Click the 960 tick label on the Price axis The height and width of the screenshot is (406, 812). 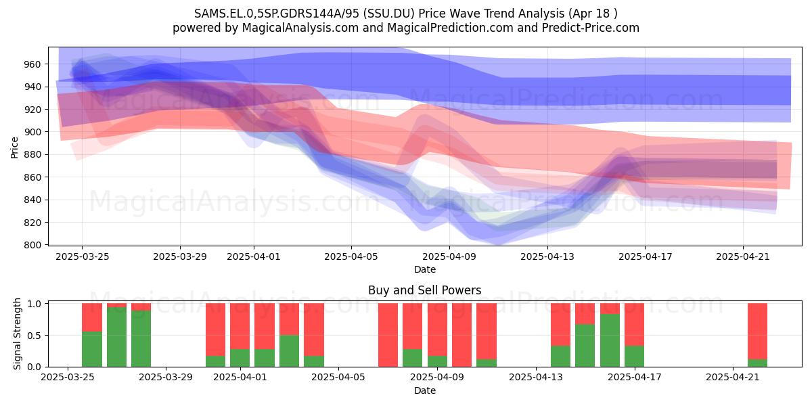click(x=33, y=64)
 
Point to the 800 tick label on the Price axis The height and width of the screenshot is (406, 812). click(x=33, y=245)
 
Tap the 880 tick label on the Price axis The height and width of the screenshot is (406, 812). click(x=33, y=155)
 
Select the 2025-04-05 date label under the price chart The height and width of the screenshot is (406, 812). click(x=351, y=256)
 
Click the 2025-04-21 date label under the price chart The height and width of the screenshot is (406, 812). click(x=743, y=256)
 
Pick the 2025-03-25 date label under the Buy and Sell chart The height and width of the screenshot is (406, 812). click(x=68, y=378)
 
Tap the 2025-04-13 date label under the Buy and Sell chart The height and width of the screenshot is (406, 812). click(x=536, y=378)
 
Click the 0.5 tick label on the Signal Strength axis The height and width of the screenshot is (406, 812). click(x=35, y=336)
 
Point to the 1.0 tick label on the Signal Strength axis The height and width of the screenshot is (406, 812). click(x=35, y=303)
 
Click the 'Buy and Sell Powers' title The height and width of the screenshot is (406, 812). click(x=424, y=290)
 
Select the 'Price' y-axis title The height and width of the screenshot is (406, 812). click(x=14, y=148)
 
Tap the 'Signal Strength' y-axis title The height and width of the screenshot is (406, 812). click(x=17, y=334)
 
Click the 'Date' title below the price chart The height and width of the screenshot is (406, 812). click(x=425, y=269)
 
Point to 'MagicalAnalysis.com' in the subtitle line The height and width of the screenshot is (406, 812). click(x=300, y=28)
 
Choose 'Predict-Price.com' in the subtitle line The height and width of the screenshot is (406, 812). click(x=591, y=28)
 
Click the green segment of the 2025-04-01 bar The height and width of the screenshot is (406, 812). click(x=240, y=358)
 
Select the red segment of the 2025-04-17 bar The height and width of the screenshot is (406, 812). click(x=635, y=325)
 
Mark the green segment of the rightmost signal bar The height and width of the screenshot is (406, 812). click(x=758, y=363)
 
